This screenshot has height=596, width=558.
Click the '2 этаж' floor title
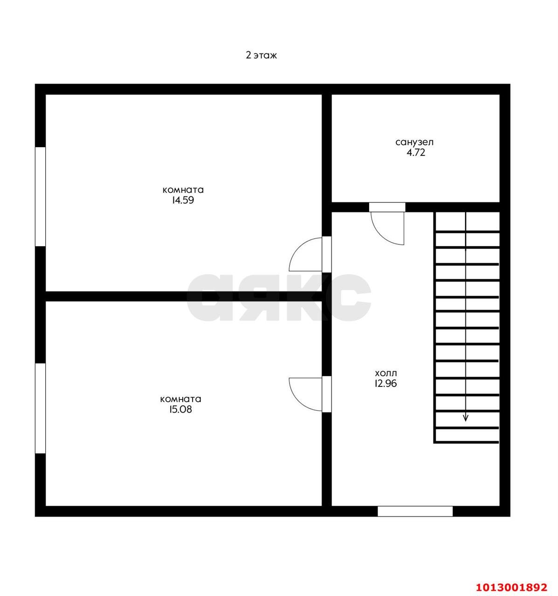click(x=261, y=55)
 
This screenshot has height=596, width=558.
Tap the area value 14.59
click(x=183, y=200)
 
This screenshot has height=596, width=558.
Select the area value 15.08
click(x=180, y=409)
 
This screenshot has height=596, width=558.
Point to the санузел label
click(x=414, y=142)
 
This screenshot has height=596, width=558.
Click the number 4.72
click(x=416, y=152)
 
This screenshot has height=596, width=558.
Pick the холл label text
click(x=386, y=373)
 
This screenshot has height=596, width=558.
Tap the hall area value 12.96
click(x=386, y=383)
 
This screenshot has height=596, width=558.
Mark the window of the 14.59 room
click(x=40, y=196)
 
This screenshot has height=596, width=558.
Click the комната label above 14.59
click(x=183, y=190)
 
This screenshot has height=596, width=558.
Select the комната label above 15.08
click(x=180, y=399)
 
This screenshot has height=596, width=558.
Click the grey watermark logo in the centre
click(x=279, y=297)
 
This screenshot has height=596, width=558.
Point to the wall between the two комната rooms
click(x=184, y=296)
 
